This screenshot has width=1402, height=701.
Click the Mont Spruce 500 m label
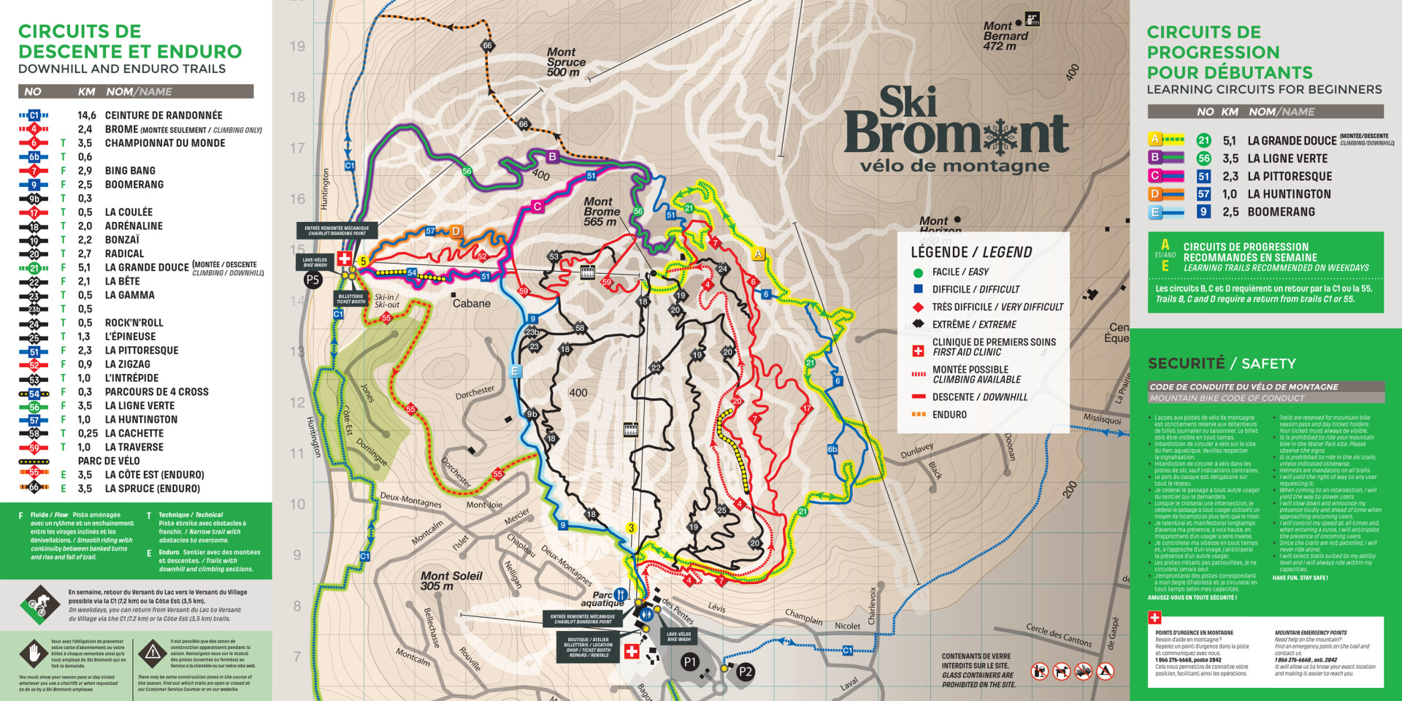click(566, 62)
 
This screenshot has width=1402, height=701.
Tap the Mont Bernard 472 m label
click(1005, 36)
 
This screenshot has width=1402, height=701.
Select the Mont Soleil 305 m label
click(451, 581)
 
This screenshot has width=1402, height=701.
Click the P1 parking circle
click(689, 662)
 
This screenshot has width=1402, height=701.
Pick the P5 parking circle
click(313, 279)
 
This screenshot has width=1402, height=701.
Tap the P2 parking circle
click(745, 672)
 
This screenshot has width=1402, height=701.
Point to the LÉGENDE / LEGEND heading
click(971, 252)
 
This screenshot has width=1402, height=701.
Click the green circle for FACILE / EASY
click(918, 272)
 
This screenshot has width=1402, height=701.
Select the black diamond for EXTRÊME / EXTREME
click(918, 324)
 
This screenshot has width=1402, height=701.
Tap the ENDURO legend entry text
click(949, 414)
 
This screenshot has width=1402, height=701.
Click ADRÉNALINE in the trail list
click(134, 226)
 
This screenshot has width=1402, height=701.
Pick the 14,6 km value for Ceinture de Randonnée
click(87, 115)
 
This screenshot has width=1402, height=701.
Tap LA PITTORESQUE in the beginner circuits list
click(1289, 176)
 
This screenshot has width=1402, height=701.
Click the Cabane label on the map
click(471, 303)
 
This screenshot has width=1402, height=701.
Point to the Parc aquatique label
click(602, 599)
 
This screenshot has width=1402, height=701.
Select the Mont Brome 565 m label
click(601, 211)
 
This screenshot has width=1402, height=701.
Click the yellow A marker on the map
click(758, 254)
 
